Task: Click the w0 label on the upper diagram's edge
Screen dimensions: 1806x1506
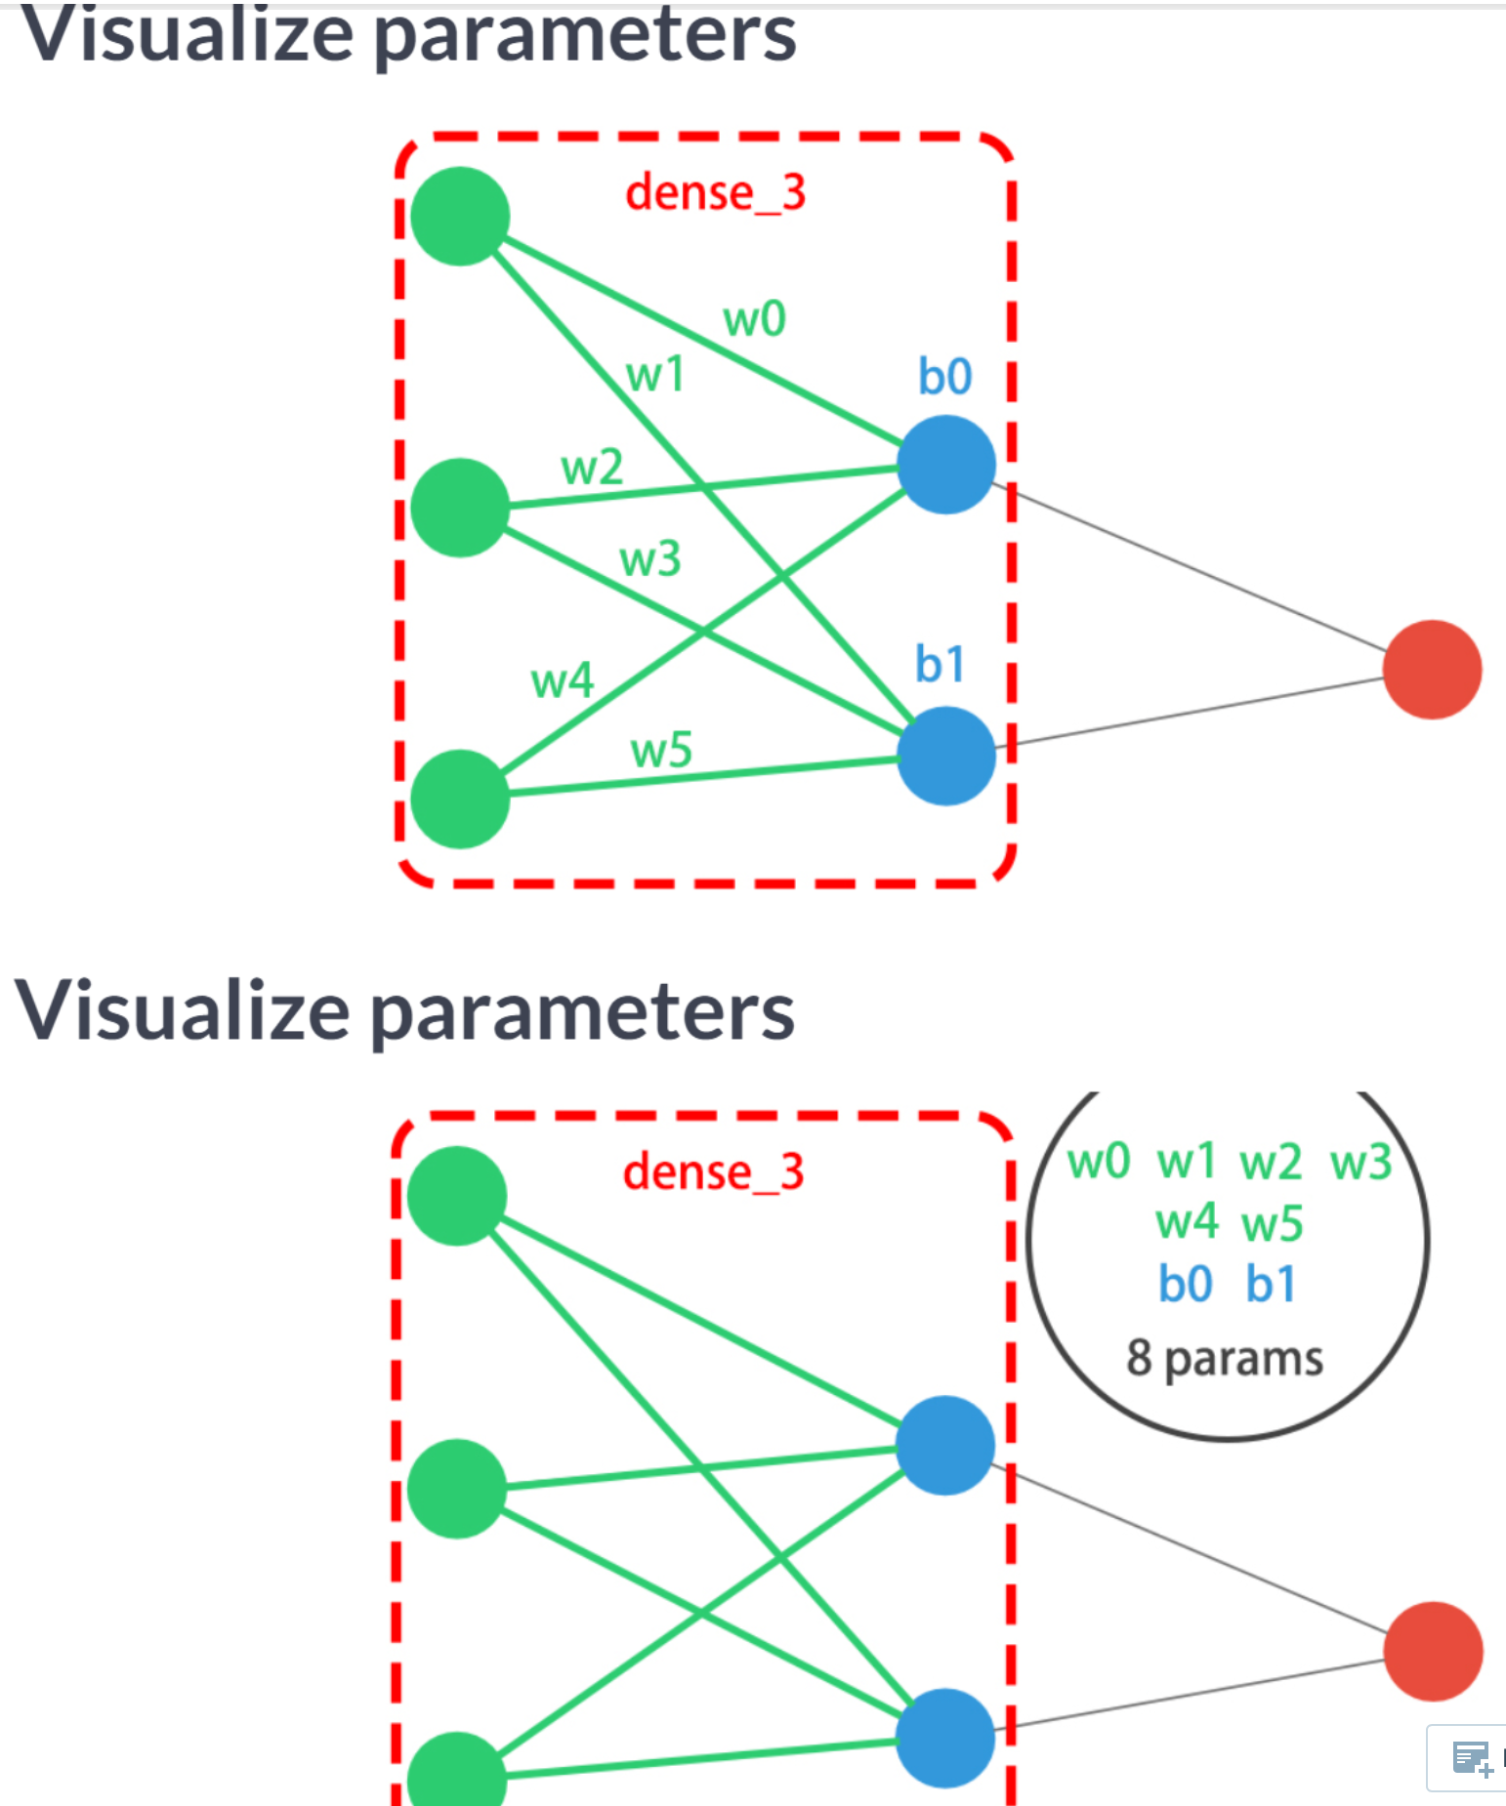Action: point(754,319)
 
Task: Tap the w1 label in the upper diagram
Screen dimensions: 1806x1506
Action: point(654,374)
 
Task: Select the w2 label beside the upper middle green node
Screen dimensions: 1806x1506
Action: point(592,468)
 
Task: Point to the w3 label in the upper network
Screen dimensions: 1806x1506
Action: point(649,559)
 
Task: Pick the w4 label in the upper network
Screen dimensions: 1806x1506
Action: point(562,679)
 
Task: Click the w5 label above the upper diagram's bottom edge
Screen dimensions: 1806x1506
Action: point(661,751)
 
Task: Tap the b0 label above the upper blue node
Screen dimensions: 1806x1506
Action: point(944,376)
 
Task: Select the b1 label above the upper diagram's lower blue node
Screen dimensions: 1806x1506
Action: point(940,664)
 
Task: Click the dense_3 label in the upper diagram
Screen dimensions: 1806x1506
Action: point(715,192)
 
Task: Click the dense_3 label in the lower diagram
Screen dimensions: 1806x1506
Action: point(713,1171)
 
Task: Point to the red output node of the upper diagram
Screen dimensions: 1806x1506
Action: point(1432,670)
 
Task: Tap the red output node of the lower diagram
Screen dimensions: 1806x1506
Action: point(1433,1651)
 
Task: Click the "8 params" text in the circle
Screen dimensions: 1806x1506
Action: point(1225,1358)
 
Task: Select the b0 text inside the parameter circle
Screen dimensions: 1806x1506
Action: point(1185,1284)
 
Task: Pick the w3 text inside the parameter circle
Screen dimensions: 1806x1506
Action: point(1360,1163)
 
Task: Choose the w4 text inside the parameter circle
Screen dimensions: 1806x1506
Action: point(1187,1222)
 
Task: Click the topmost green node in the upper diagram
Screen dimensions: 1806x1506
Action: point(460,216)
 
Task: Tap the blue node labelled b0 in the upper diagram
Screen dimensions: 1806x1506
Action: point(945,465)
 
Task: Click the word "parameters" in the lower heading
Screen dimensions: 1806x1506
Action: point(583,1013)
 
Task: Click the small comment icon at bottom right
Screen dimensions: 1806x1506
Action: point(1471,1758)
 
